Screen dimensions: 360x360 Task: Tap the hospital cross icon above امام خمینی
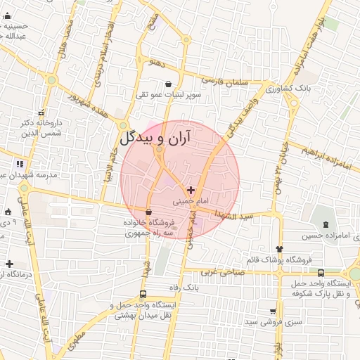point(191,190)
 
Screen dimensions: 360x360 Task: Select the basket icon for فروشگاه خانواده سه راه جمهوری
point(148,212)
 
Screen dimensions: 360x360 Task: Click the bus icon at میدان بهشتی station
point(143,295)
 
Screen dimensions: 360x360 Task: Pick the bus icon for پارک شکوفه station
point(321,273)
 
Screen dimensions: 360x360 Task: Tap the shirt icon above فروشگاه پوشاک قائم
point(279,248)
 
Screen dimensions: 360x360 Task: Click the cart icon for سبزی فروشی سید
point(272,311)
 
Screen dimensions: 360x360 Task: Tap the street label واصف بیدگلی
point(239,116)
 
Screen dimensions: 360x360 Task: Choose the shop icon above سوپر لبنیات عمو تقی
point(168,84)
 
